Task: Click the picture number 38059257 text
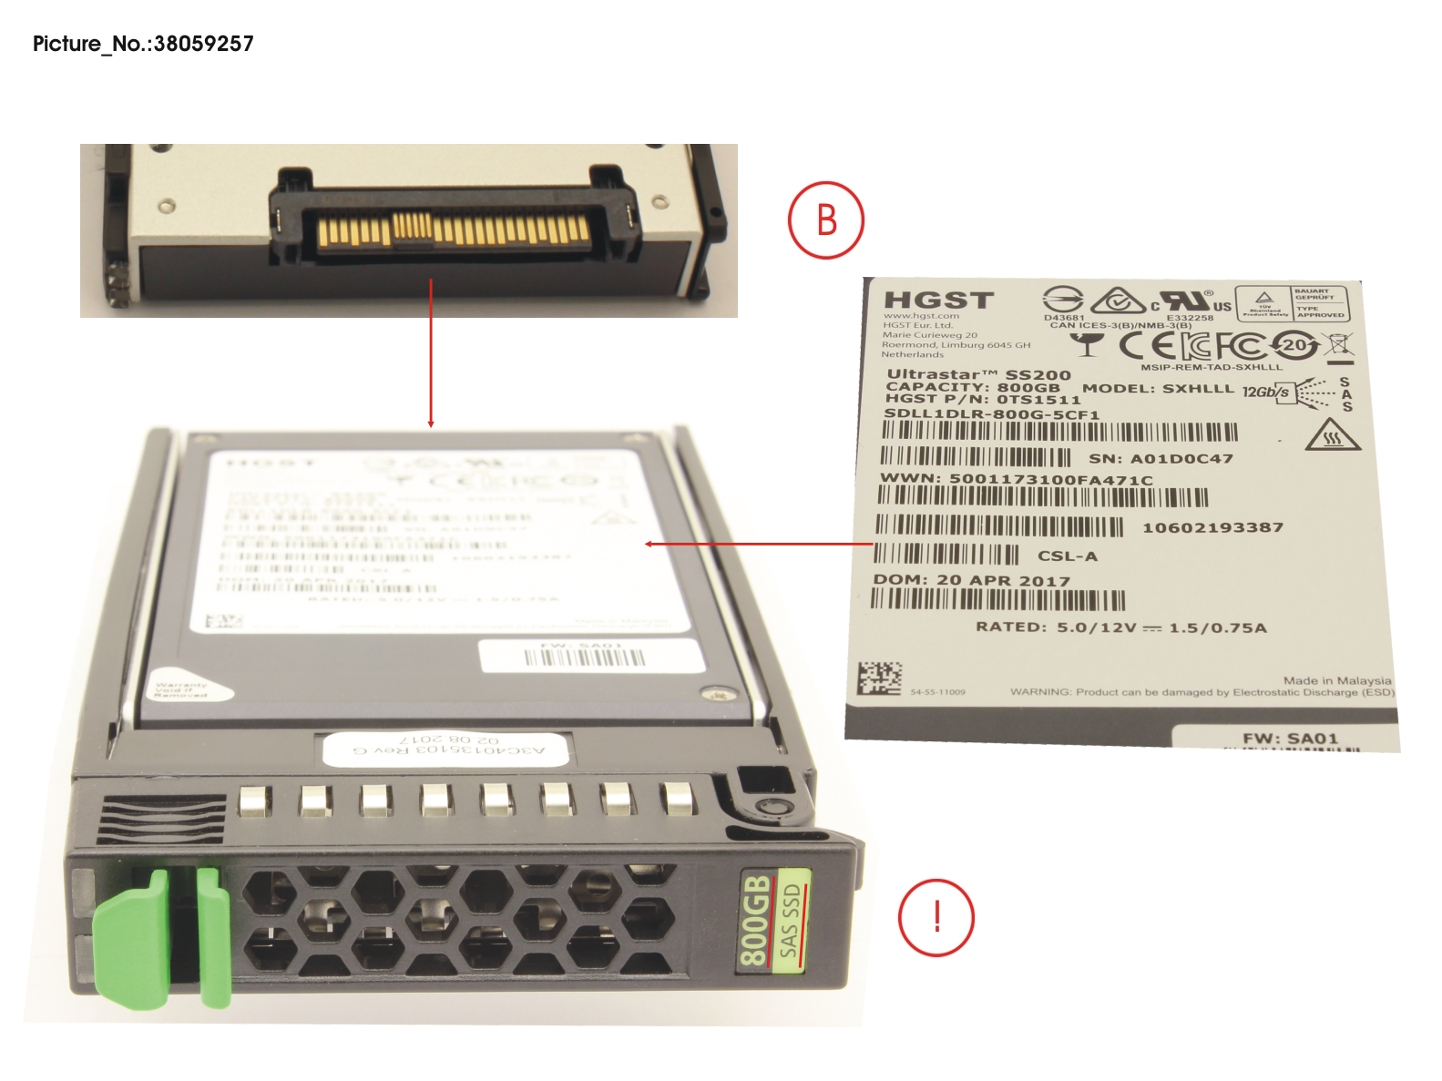143,44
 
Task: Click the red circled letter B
825,220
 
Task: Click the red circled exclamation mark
936,917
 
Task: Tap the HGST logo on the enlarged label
938,301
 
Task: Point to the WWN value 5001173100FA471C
1050,480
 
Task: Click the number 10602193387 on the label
1212,527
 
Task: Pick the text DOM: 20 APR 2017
971,580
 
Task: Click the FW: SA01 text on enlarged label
1289,739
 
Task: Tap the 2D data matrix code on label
879,678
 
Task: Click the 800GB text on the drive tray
754,920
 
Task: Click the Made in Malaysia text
1336,680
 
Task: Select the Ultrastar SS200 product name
978,374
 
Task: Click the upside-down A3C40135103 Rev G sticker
447,750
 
